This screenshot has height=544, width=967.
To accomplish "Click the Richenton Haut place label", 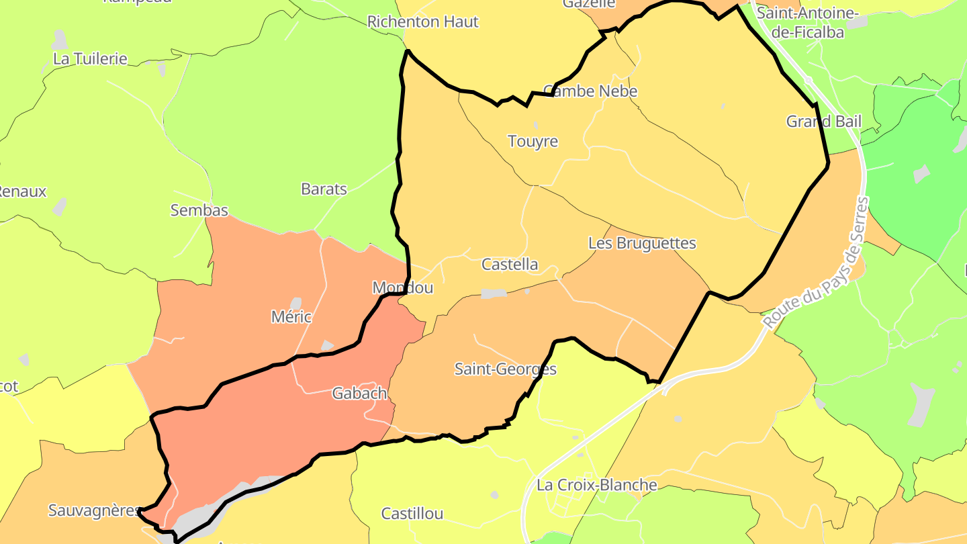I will (x=422, y=22).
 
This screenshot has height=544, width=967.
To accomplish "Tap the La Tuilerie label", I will (x=90, y=58).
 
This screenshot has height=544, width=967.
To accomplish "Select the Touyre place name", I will (x=533, y=142).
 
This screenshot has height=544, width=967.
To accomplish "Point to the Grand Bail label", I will (x=823, y=122).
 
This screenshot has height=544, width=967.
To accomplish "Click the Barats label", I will (x=324, y=189).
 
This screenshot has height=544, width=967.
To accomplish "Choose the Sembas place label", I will (x=199, y=210).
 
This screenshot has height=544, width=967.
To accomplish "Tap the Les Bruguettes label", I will (x=642, y=243).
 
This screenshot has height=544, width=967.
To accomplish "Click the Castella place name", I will (x=510, y=265).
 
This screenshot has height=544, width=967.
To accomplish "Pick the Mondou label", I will (x=403, y=288).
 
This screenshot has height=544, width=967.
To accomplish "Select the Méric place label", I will (x=291, y=317).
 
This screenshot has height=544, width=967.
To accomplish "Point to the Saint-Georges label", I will (x=506, y=369).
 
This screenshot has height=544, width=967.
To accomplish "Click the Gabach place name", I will (x=359, y=394).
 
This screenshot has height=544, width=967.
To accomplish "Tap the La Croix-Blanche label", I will (x=596, y=485).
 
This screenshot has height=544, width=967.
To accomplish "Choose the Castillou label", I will (x=412, y=514).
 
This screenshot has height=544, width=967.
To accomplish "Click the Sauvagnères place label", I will (x=94, y=510).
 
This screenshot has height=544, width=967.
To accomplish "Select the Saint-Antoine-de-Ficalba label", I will (x=807, y=22).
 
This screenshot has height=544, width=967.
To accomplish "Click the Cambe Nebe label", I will (x=590, y=91).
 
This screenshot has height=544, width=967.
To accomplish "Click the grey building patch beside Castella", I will (x=494, y=293).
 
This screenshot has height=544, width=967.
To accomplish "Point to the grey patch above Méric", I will (x=295, y=304).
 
